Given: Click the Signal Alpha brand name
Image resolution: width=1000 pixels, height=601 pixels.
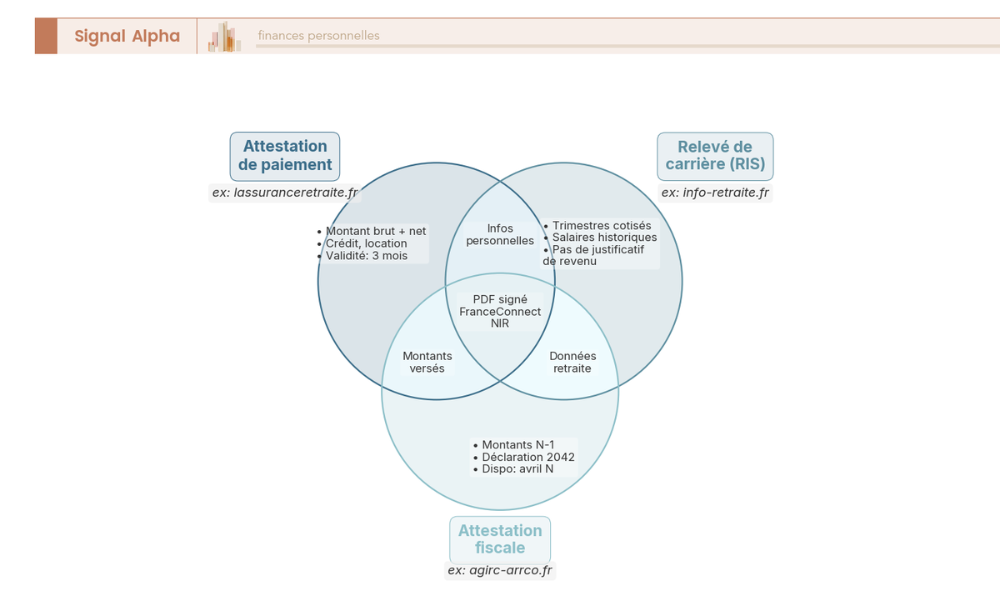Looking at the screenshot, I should pos(127,36).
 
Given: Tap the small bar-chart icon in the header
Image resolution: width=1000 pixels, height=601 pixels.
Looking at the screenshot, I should pos(225,37).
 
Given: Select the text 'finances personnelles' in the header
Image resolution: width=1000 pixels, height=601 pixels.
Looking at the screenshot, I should pos(318,36).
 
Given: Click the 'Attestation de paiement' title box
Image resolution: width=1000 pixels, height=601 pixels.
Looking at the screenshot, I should pos(285,156).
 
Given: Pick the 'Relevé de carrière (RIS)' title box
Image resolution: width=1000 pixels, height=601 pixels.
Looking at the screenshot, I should pos(715,156).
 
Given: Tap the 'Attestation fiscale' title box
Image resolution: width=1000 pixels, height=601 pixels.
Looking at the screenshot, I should pos(500,539).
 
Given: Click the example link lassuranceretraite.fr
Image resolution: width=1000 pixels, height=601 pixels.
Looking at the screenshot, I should pos(285,193).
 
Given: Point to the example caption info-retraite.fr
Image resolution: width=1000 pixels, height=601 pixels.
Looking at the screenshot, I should pos(715,193).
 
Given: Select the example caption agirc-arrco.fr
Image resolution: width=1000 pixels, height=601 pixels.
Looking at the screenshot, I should pos(500,571).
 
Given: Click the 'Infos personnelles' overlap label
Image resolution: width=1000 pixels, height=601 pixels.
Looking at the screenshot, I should pos(500,234).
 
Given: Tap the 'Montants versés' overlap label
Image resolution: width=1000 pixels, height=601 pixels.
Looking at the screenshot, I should pos(427,362).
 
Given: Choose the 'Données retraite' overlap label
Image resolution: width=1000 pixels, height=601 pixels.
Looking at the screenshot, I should pos(572,362).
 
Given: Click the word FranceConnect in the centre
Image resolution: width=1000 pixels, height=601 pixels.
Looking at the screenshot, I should pos(500,312).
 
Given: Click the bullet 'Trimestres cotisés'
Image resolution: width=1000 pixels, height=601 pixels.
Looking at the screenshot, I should pos(601,225).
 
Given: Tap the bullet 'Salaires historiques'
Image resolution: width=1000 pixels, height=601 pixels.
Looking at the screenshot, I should pos(604,238).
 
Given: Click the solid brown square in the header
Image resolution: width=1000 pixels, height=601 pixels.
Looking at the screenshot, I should pos(46,36).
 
